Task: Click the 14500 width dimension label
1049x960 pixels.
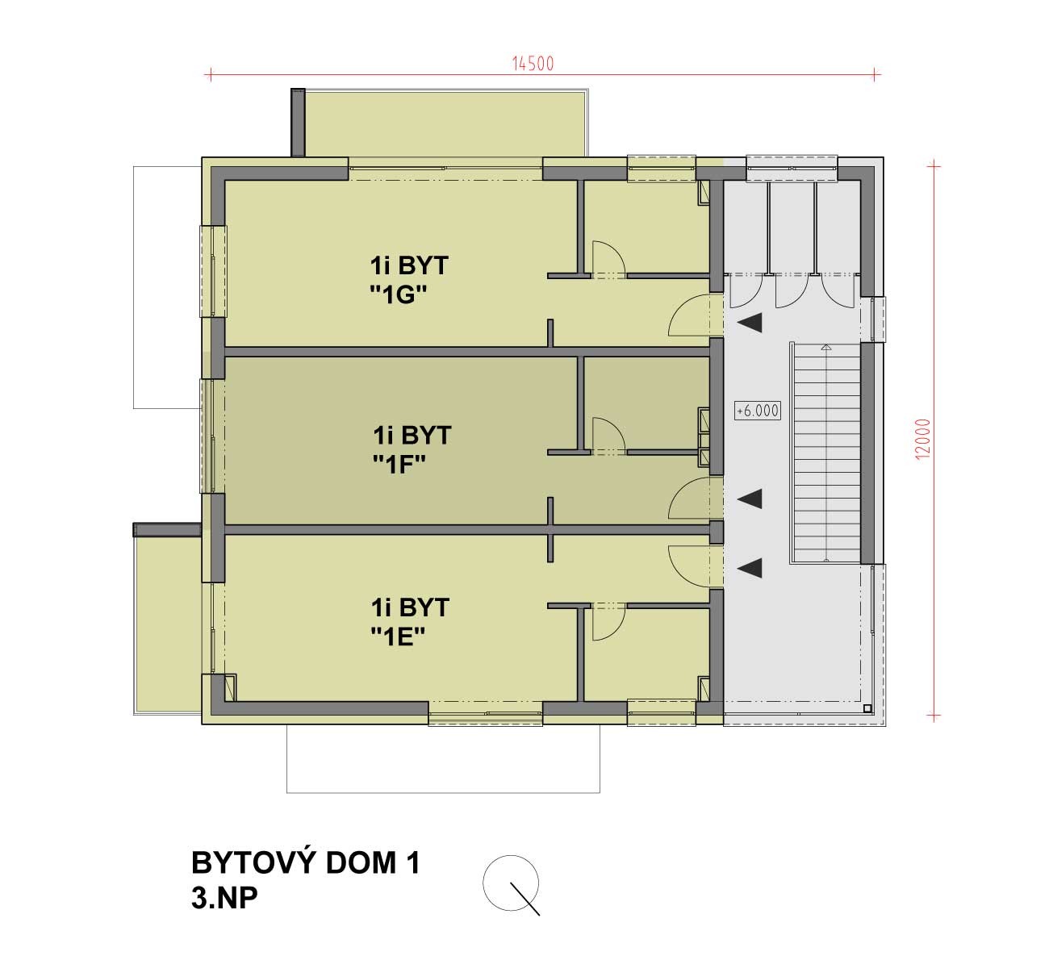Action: pyautogui.click(x=533, y=64)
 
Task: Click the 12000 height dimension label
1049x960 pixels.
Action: pyautogui.click(x=923, y=439)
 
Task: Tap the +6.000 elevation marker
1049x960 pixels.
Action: pyautogui.click(x=758, y=411)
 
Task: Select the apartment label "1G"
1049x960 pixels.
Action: pyautogui.click(x=399, y=295)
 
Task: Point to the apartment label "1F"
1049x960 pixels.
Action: pyautogui.click(x=399, y=465)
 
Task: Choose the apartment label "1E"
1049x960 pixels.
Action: pyautogui.click(x=398, y=637)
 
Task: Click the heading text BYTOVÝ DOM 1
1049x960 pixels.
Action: pyautogui.click(x=306, y=862)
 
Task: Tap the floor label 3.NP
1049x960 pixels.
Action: pyautogui.click(x=224, y=899)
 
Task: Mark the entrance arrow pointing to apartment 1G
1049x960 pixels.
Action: pyautogui.click(x=750, y=323)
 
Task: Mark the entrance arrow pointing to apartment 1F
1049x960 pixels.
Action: pyautogui.click(x=750, y=499)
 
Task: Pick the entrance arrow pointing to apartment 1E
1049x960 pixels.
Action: pyautogui.click(x=750, y=568)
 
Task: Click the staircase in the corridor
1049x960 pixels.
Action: pyautogui.click(x=827, y=453)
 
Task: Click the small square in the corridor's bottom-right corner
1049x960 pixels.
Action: pyautogui.click(x=867, y=708)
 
